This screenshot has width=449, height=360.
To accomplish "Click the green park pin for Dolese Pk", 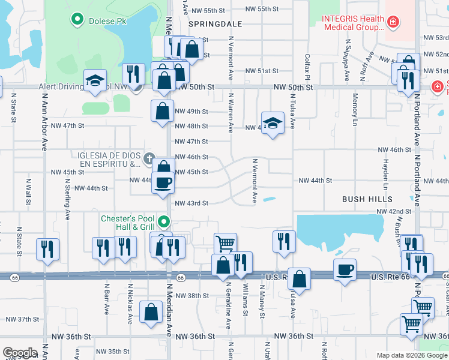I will pyautogui.click(x=77, y=20).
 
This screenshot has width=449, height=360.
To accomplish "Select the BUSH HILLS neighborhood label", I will pyautogui.click(x=367, y=199).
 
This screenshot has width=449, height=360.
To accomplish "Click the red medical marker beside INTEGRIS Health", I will pyautogui.click(x=393, y=22).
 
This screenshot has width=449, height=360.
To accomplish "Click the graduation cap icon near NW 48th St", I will pyautogui.click(x=273, y=123).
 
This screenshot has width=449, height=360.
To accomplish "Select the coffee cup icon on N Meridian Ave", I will pyautogui.click(x=162, y=182).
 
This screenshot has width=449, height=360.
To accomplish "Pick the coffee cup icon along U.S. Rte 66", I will pyautogui.click(x=345, y=269).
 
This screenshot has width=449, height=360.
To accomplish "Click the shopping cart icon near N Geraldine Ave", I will pyautogui.click(x=225, y=243).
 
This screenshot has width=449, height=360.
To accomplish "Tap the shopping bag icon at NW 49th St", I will pyautogui.click(x=163, y=111).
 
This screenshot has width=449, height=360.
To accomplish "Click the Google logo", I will pyautogui.click(x=20, y=353).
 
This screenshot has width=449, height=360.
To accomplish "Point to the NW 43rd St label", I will pyautogui.click(x=191, y=203).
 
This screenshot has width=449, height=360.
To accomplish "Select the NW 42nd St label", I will pyautogui.click(x=394, y=211).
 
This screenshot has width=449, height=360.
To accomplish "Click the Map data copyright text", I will pyautogui.click(x=412, y=355).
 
